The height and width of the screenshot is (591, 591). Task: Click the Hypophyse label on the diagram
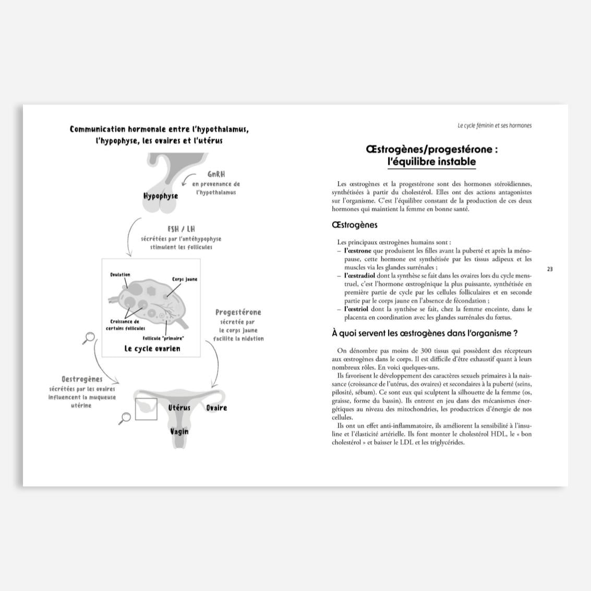pyautogui.click(x=161, y=196)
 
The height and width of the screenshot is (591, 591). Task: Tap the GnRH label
pyautogui.click(x=216, y=174)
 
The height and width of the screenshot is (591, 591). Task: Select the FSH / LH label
pyautogui.click(x=181, y=229)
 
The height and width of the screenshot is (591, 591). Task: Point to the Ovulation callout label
pyautogui.click(x=120, y=275)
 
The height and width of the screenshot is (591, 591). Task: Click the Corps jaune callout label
pyautogui.click(x=185, y=280)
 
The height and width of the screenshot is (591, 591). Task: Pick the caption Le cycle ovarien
pyautogui.click(x=152, y=348)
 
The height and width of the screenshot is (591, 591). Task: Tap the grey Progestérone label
pyautogui.click(x=238, y=312)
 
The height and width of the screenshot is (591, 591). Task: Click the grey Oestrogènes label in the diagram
pyautogui.click(x=82, y=379)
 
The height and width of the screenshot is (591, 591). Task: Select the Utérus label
pyautogui.click(x=179, y=407)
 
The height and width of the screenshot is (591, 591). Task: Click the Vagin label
pyautogui.click(x=179, y=431)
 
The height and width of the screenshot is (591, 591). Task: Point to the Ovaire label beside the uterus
pyautogui.click(x=216, y=407)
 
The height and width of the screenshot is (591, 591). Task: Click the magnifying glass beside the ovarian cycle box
pyautogui.click(x=89, y=338)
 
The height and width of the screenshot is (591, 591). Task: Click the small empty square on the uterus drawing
pyautogui.click(x=146, y=409)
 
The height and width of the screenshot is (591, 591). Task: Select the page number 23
pyautogui.click(x=550, y=269)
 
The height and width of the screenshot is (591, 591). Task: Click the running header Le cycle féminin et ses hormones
pyautogui.click(x=494, y=126)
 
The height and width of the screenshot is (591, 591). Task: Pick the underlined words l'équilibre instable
pyautogui.click(x=431, y=162)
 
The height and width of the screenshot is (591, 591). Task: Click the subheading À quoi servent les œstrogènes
pyautogui.click(x=425, y=333)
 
